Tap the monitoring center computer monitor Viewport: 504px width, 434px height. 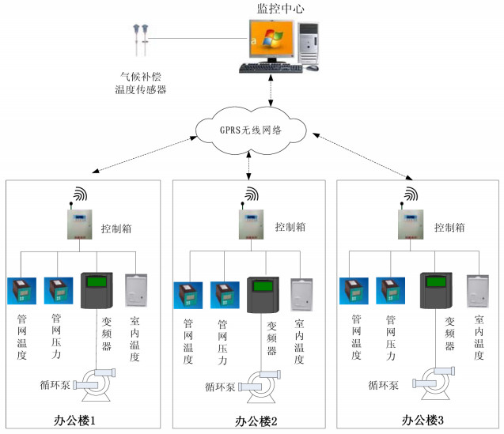268,42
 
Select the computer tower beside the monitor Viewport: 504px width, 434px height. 309,43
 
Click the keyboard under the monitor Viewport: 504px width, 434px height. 271,69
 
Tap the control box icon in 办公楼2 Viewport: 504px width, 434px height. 250,226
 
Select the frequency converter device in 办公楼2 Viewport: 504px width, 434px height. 263,295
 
